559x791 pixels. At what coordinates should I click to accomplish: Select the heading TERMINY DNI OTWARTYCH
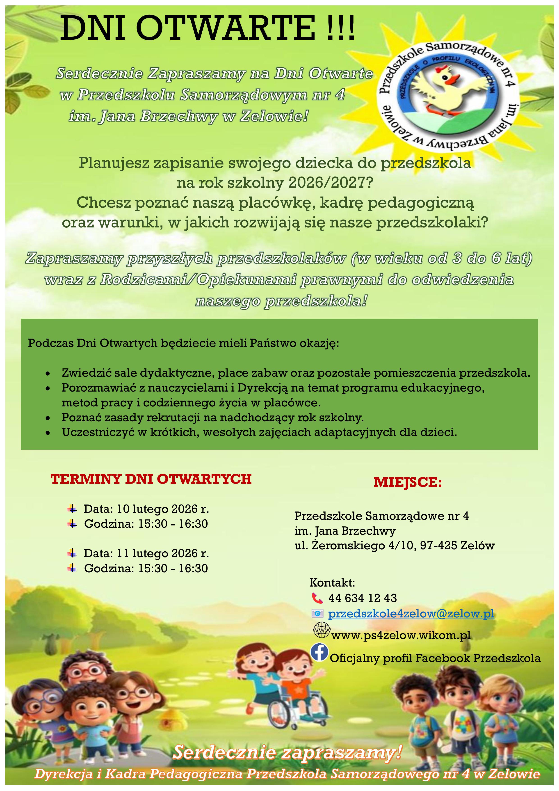pos(151,479)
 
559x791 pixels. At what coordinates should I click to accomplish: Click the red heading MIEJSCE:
pos(407,482)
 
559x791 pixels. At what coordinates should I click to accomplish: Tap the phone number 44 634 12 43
pos(362,598)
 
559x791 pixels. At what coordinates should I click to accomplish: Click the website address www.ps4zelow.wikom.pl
pos(401,635)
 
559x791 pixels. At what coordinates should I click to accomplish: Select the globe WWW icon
pos(321,631)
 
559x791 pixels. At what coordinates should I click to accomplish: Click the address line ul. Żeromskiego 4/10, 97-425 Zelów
pos(394,546)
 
